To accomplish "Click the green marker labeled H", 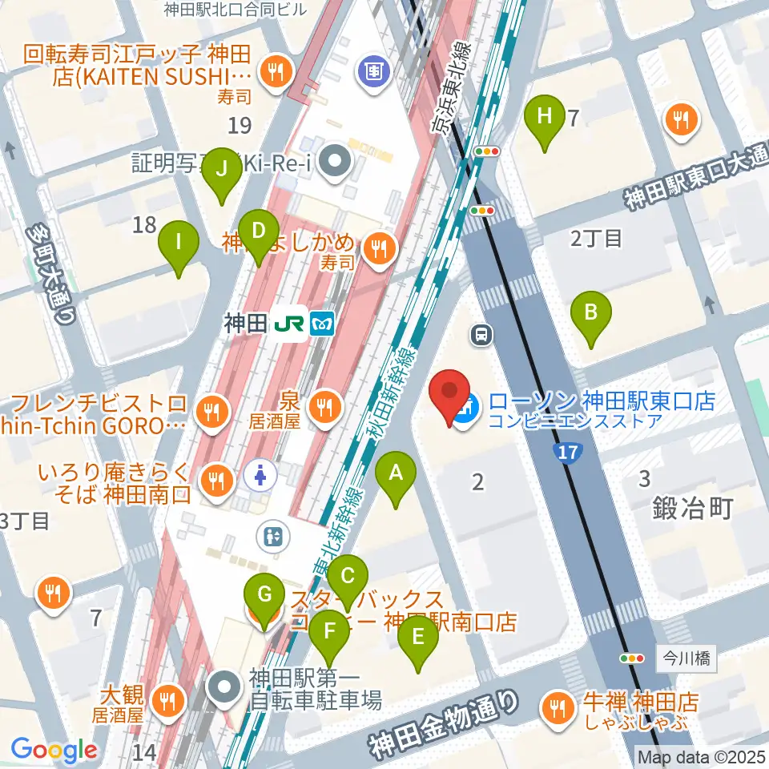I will coord(544,117).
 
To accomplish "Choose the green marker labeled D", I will coord(258,232).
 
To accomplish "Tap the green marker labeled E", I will coord(417,638).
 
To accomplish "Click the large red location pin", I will coord(449,395).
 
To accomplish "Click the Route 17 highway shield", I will coord(567,453).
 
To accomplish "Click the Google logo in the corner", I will coord(54,750).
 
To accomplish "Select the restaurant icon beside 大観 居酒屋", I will coord(169,699).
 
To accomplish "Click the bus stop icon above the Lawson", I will coord(482,334).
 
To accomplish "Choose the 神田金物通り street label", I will coord(442,726).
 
